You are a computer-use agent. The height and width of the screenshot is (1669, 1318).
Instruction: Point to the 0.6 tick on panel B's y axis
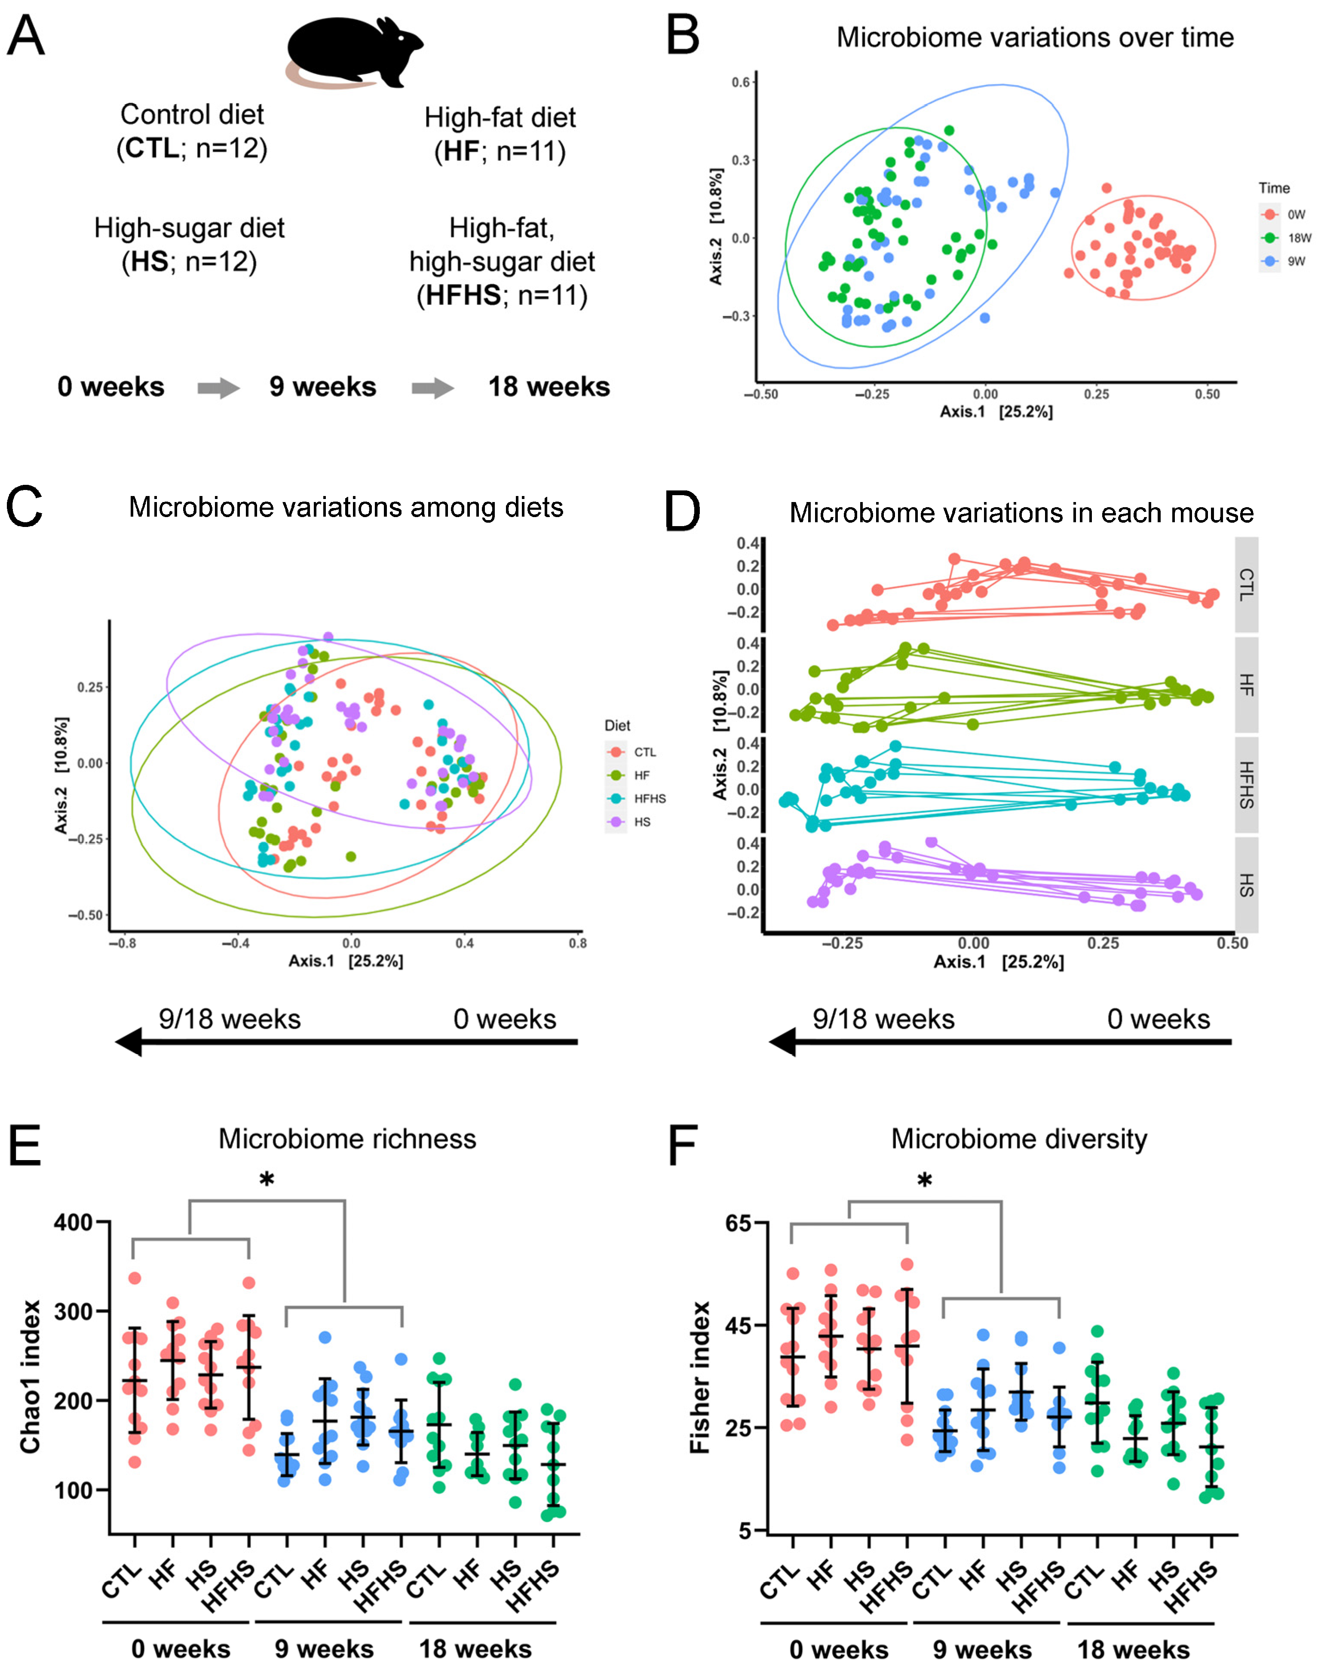point(741,83)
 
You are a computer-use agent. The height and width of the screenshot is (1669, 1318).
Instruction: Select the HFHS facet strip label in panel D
point(1246,785)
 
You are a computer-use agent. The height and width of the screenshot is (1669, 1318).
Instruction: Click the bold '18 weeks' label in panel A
point(549,386)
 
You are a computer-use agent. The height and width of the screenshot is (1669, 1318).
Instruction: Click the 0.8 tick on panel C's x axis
point(577,943)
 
